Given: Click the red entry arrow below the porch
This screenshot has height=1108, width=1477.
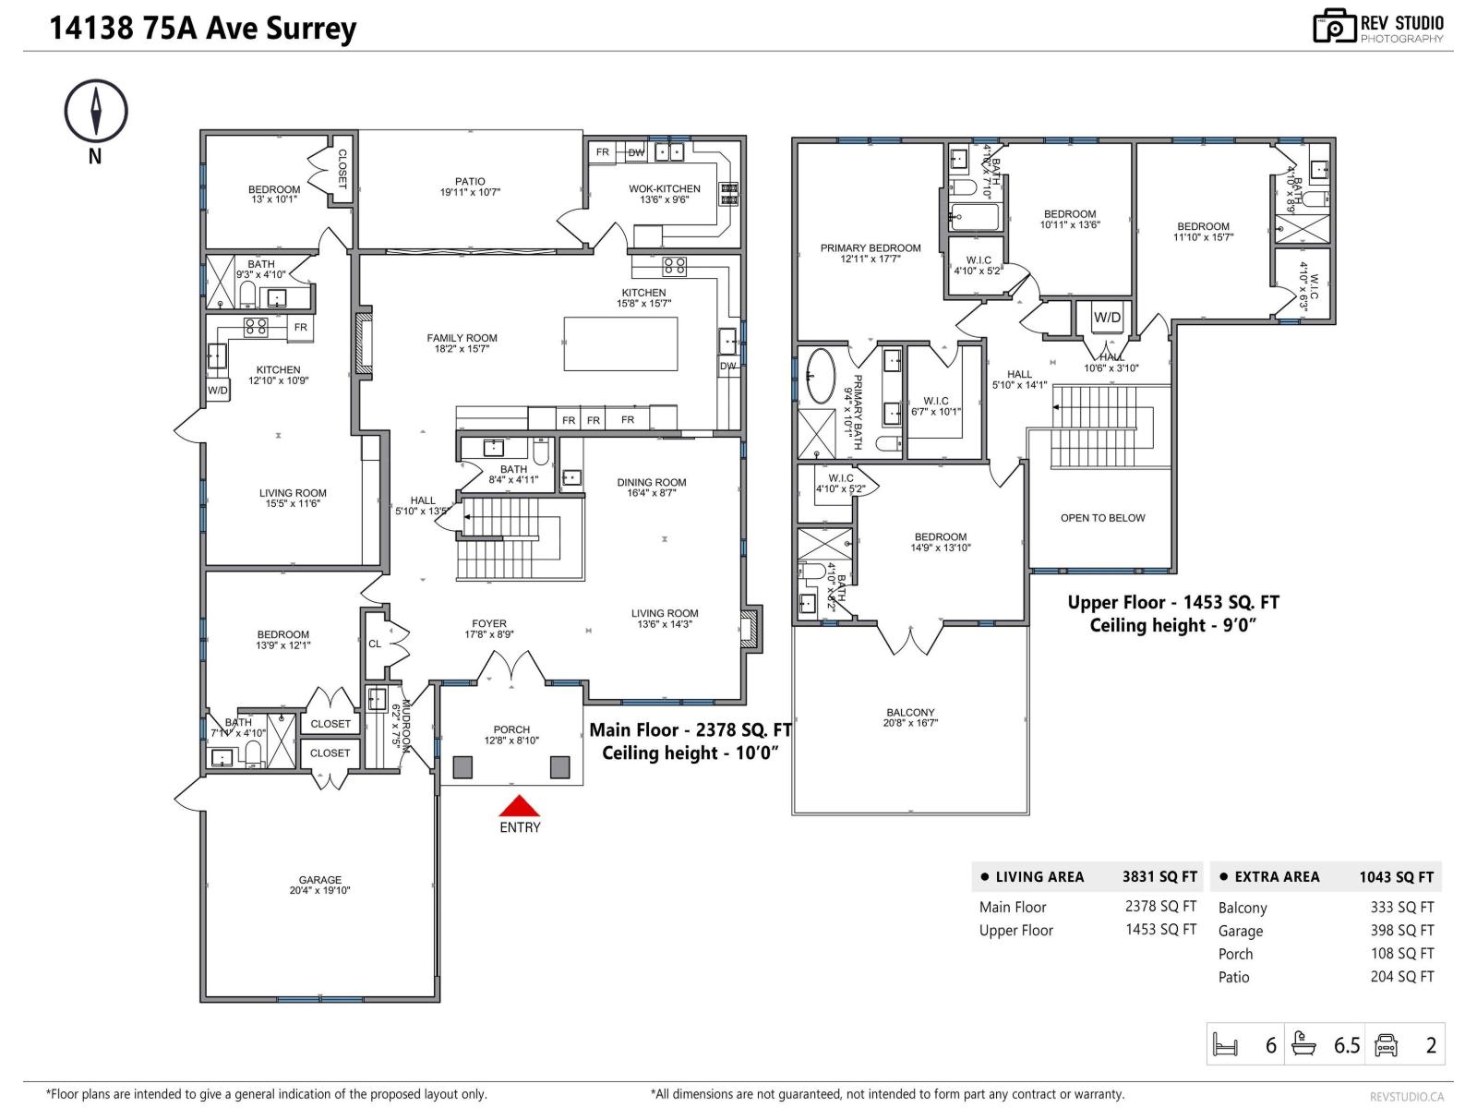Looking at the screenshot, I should point(519,806).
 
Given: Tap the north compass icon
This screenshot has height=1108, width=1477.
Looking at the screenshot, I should point(96,111).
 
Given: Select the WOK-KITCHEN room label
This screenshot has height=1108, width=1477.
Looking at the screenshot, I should point(665,188).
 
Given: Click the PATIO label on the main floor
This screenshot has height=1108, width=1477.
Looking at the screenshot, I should point(470,182).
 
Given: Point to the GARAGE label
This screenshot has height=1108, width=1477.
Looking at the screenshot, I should point(320,880).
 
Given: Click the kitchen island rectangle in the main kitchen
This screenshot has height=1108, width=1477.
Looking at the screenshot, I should point(620,343).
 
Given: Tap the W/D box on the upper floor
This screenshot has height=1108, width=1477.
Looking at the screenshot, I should point(1108,318).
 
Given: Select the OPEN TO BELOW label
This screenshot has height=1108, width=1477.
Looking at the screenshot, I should point(1102,518).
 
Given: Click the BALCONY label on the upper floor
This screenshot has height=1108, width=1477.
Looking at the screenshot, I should point(910,712).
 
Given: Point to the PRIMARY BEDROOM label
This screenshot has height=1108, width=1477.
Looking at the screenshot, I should point(871,247).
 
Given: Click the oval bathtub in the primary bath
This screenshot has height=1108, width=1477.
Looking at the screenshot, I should point(819,376).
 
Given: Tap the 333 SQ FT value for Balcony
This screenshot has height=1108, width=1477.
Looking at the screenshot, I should point(1401,908).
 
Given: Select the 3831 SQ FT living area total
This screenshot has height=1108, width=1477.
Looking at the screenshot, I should point(1159,877).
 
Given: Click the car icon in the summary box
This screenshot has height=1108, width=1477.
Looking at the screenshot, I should point(1387,1045).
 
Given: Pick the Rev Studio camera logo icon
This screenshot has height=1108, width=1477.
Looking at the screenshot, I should point(1334,27).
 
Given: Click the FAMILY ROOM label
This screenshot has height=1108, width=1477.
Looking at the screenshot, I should point(462,338).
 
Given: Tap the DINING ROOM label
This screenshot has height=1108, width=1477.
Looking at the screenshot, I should point(652,482).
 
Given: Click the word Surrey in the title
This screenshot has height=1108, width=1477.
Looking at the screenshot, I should point(311,29).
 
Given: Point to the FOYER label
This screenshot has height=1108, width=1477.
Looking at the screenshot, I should point(488,623).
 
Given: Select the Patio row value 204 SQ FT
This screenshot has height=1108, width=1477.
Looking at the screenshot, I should point(1401,977).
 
